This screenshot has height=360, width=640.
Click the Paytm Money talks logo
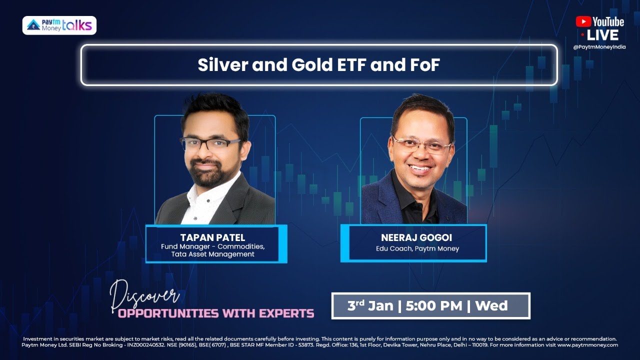[x=59, y=25]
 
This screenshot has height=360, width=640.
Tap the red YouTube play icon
[x=583, y=21]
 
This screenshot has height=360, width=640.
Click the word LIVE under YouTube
[x=602, y=35]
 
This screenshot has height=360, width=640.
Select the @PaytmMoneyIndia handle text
[x=599, y=47]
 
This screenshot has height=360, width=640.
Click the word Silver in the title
[x=222, y=65]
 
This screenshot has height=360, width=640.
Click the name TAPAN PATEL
[x=212, y=237]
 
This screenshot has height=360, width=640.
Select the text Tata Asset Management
[x=212, y=254]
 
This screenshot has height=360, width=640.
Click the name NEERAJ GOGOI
[x=416, y=237]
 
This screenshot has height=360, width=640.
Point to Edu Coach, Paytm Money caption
[x=416, y=248]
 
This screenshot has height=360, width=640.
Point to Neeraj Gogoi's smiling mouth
[x=420, y=168]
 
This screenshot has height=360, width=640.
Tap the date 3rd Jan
[x=369, y=305]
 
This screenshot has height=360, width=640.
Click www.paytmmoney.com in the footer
[x=588, y=345]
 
